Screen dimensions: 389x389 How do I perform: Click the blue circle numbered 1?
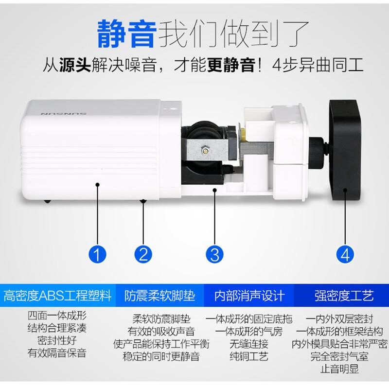pyautogui.click(x=97, y=253)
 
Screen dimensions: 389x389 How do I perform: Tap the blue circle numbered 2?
pyautogui.click(x=143, y=253)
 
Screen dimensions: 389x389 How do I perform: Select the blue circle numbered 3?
pyautogui.click(x=214, y=253)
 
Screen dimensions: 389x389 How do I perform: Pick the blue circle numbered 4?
pyautogui.click(x=345, y=253)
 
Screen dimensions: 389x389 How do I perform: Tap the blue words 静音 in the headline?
pyautogui.click(x=127, y=33)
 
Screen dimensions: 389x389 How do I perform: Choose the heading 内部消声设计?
pyautogui.click(x=249, y=295)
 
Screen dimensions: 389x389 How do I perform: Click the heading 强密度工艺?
pyautogui.click(x=344, y=295)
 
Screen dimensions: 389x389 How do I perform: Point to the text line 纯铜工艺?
pyautogui.click(x=249, y=357)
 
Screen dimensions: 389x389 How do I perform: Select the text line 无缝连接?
pyautogui.click(x=249, y=344)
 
